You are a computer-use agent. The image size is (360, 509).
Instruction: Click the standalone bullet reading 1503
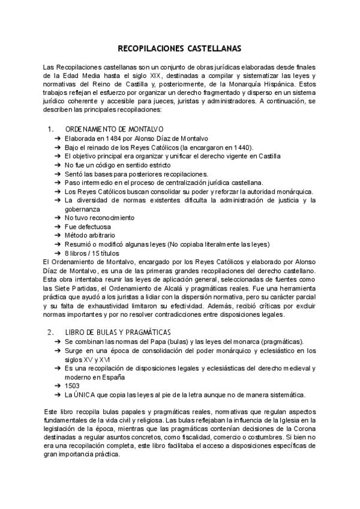(x=72, y=386)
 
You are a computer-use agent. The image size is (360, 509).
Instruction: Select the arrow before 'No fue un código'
(x=57, y=165)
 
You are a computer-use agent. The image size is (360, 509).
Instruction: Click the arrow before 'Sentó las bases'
(x=57, y=173)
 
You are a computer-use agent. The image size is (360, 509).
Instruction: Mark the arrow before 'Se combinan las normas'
(x=57, y=341)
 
